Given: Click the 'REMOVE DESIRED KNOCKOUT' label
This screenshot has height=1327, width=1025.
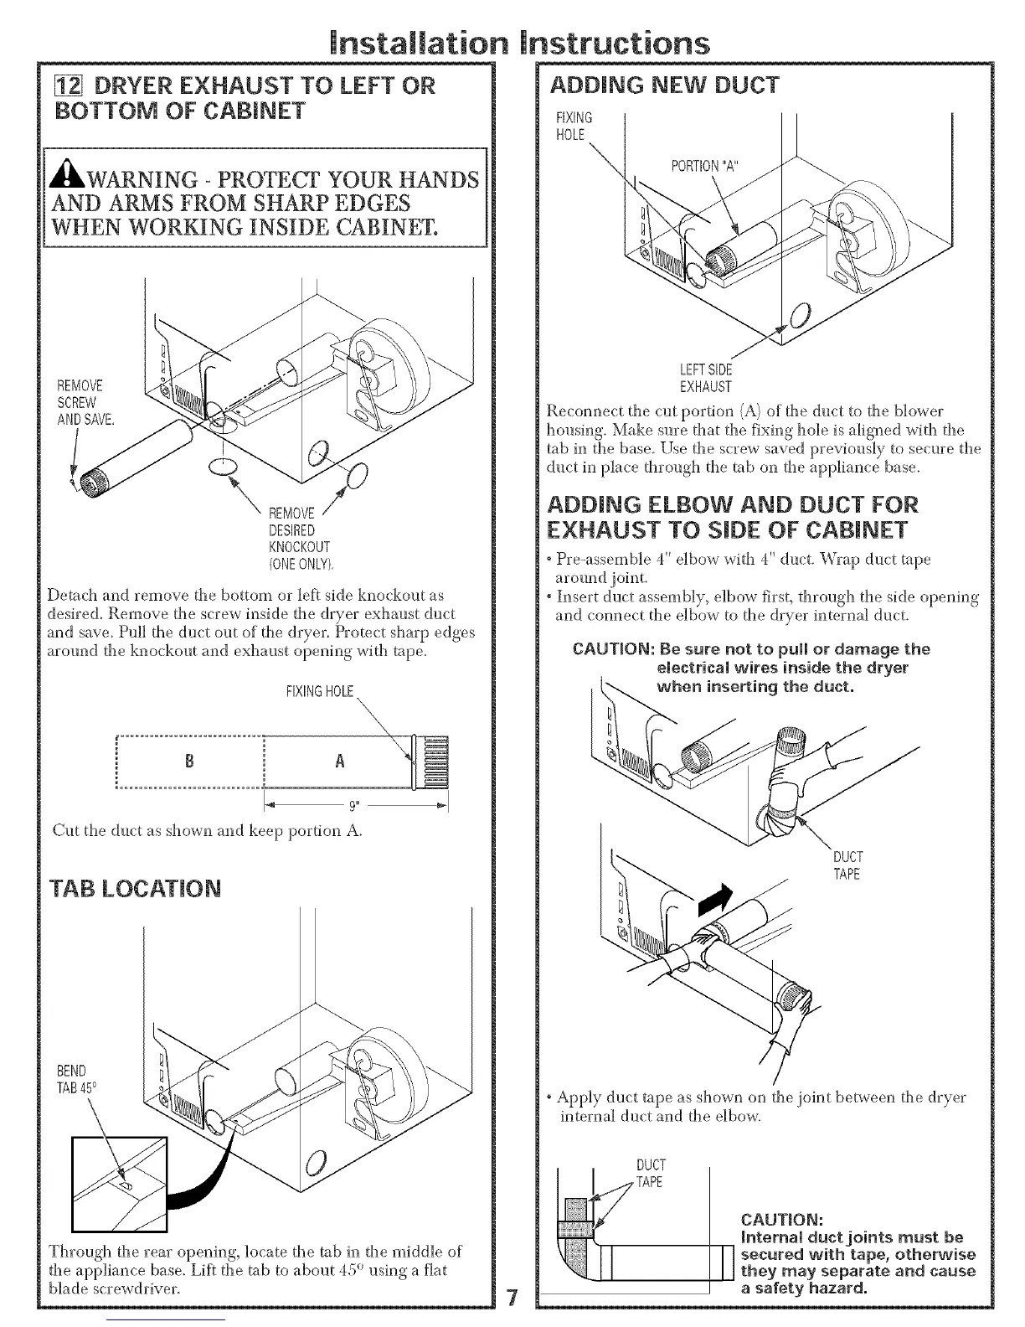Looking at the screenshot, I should [291, 530].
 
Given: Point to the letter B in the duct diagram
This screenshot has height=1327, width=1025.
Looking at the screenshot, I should [189, 762].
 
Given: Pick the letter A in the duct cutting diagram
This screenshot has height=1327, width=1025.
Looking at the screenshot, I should [339, 762].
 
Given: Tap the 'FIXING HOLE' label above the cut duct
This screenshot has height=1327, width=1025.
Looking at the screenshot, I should [321, 692].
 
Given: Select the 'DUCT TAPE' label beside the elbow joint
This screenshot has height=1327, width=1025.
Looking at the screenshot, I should [847, 865].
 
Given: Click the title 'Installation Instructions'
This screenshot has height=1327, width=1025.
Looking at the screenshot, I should [512, 42].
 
